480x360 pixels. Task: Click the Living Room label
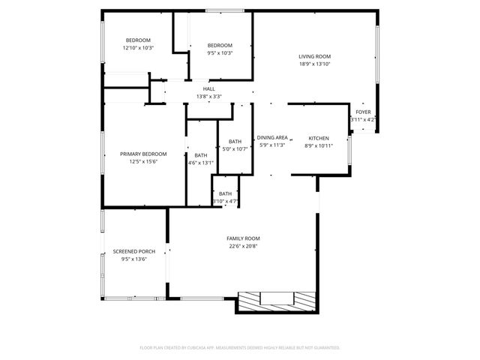[314, 56]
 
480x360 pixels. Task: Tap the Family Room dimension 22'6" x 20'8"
[243, 246]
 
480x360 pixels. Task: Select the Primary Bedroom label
[143, 154]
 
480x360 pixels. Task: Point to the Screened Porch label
[130, 251]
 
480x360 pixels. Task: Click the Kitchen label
[319, 138]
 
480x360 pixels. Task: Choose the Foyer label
[363, 112]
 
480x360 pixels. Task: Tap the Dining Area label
[271, 138]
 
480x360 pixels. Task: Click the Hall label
[208, 88]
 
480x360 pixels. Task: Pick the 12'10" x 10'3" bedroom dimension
[138, 48]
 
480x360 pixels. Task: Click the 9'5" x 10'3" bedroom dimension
[220, 52]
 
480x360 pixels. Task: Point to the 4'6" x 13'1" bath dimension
[201, 163]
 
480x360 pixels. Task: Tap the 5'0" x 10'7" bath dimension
[235, 148]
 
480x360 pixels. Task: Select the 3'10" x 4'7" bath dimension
[225, 201]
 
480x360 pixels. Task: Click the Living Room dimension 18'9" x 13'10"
[314, 64]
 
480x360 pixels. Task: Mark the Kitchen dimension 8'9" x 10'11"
[319, 145]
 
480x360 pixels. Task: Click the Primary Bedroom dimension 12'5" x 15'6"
[143, 161]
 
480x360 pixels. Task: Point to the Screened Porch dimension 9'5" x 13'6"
[130, 259]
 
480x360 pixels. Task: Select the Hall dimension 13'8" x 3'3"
[208, 96]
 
